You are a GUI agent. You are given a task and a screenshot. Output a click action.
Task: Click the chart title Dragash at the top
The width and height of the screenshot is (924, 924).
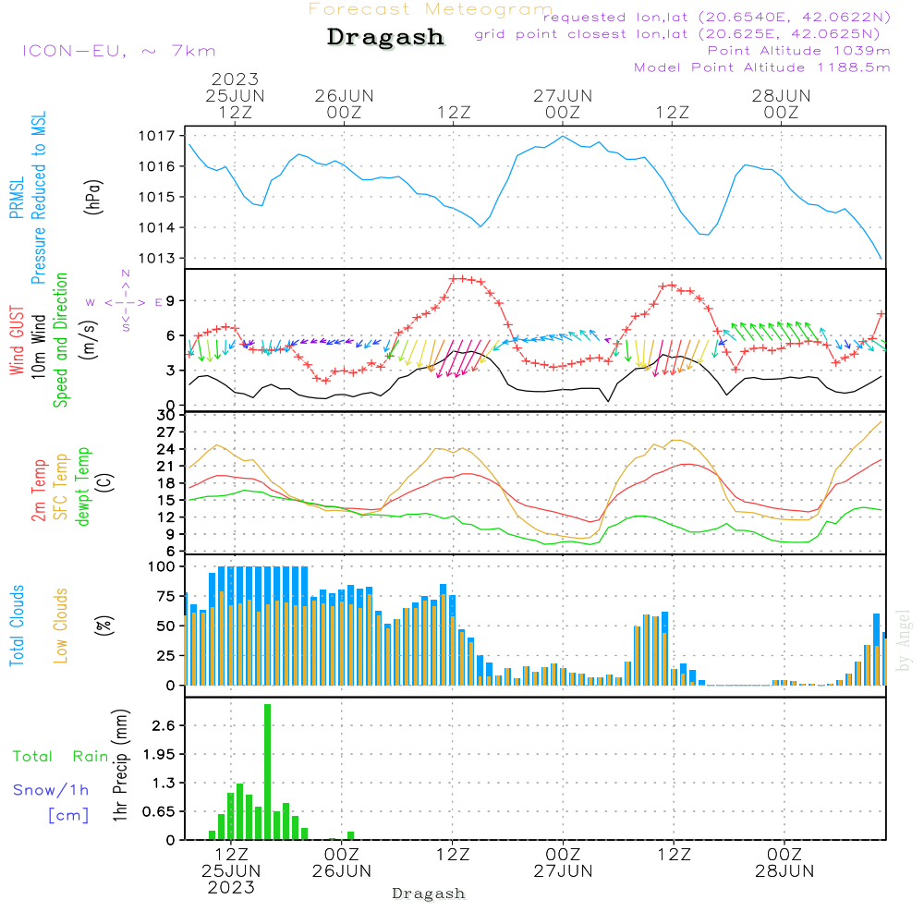385,38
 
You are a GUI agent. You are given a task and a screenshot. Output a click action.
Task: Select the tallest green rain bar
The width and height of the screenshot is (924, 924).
267,772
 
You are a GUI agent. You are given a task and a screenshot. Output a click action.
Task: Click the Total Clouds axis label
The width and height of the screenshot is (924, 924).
17,626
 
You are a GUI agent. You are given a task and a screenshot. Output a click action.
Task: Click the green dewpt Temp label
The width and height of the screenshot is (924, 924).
83,487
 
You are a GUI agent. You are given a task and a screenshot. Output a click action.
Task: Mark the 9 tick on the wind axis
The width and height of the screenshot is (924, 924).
171,301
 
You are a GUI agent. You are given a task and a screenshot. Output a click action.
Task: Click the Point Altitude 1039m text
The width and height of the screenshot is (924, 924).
799,51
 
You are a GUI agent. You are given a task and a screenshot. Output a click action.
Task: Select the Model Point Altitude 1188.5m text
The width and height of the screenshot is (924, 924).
762,67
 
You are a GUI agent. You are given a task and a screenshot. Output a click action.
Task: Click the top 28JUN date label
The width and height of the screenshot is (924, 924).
781,96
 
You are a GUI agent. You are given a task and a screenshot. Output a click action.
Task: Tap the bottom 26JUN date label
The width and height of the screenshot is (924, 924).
342,871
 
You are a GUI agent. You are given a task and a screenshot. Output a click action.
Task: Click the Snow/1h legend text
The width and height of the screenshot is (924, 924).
52,790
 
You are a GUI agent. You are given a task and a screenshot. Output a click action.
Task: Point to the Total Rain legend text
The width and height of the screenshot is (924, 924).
61,757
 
